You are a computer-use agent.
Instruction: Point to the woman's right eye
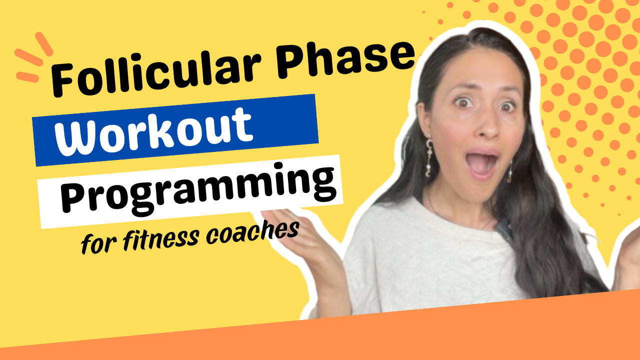click(464, 102)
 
